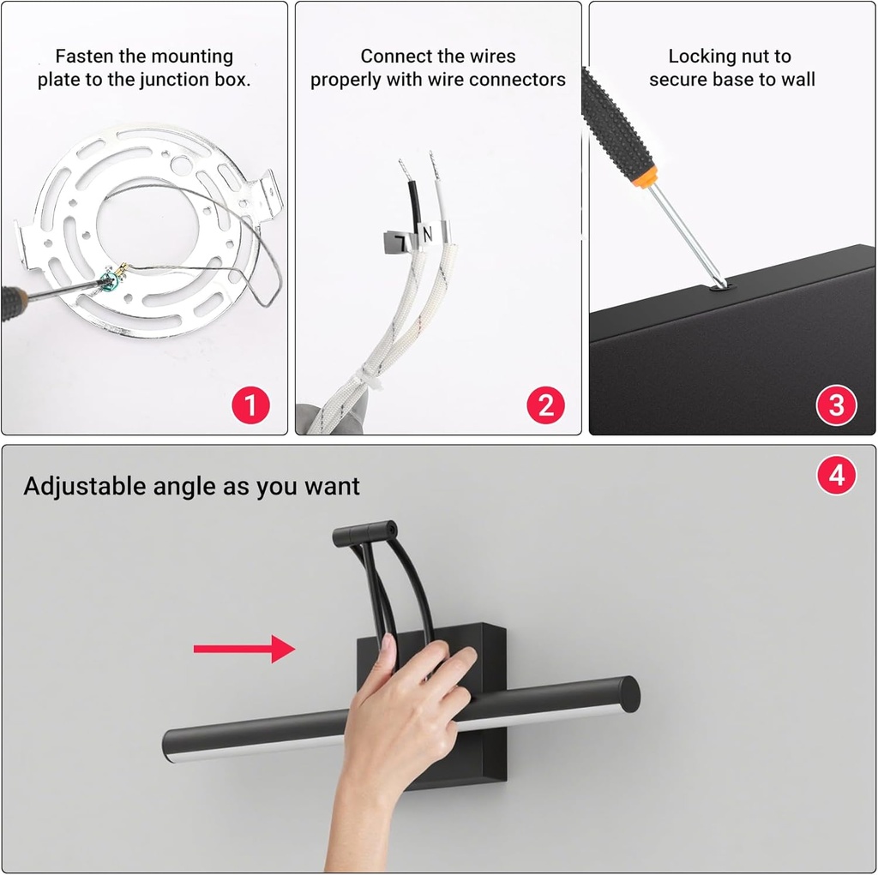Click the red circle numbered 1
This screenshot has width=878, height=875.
point(251,405)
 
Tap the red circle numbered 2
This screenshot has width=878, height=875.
point(546,405)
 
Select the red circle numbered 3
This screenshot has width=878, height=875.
point(837,405)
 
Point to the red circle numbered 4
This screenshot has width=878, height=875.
point(837,476)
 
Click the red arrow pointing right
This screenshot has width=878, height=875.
point(244,649)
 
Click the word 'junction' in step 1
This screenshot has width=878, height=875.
point(175,80)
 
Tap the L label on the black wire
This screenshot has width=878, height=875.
point(401,243)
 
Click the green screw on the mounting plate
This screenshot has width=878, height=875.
point(109,278)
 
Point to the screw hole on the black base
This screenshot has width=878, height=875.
point(719,287)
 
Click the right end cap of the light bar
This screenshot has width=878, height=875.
point(630,695)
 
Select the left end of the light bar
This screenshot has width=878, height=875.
point(169,746)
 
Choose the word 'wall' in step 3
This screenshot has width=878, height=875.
point(798,80)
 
